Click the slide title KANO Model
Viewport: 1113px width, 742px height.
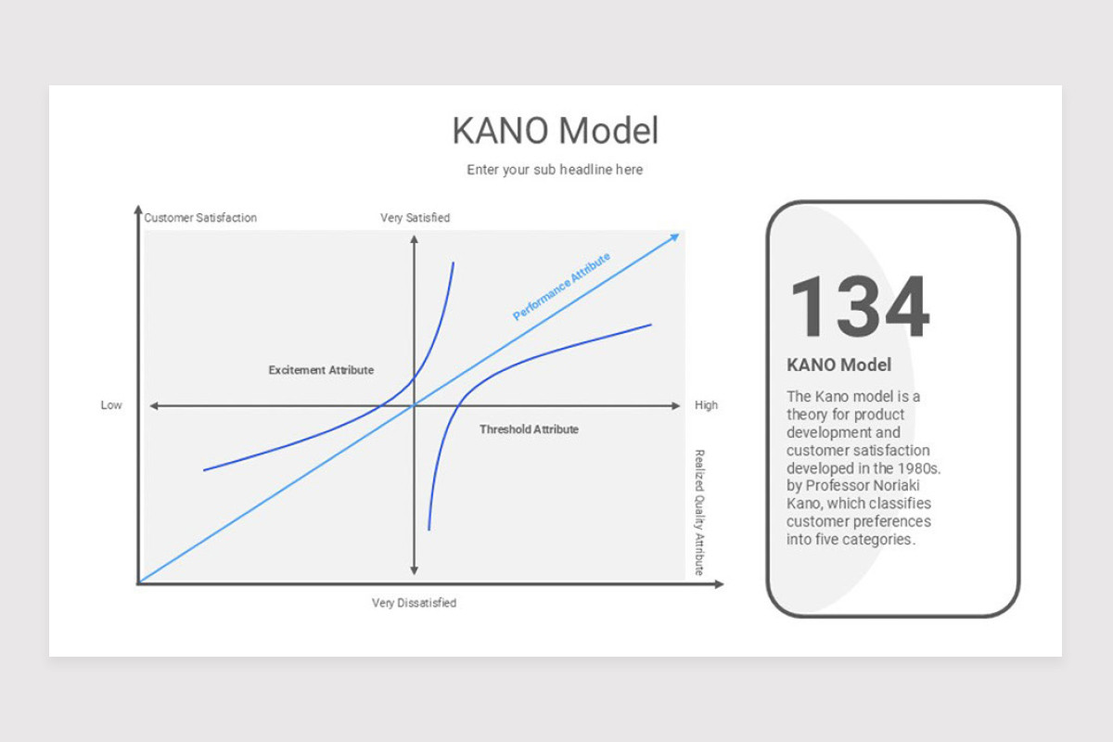[555, 131]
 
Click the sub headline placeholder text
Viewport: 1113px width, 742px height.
[555, 170]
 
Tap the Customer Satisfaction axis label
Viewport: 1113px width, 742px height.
[200, 218]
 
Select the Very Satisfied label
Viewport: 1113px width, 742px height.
[415, 218]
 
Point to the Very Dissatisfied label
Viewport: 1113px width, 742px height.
[414, 603]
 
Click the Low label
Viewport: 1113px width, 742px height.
[111, 405]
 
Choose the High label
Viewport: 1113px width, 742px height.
[706, 405]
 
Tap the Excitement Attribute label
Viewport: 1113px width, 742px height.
[321, 370]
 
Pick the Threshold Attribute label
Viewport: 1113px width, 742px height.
[529, 429]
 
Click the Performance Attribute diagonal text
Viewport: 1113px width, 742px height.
[561, 287]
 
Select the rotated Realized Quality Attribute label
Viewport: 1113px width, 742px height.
[699, 512]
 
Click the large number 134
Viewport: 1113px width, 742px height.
[860, 306]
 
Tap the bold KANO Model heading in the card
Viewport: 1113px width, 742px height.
[838, 365]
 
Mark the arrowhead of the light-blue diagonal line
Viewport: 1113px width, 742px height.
[675, 237]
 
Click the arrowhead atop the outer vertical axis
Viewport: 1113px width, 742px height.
[138, 210]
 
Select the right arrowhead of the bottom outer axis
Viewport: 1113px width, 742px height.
[719, 584]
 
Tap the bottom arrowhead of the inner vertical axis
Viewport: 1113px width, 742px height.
[414, 570]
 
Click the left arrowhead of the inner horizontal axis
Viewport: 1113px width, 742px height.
[154, 406]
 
